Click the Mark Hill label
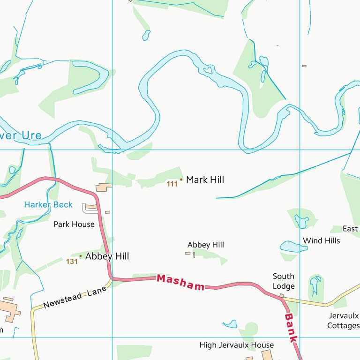[205, 180]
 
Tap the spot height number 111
[172, 184]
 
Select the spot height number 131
[72, 262]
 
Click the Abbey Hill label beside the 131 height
[107, 256]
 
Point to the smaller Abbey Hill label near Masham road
[206, 245]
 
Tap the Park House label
[74, 225]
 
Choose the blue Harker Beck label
[48, 205]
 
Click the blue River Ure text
[21, 136]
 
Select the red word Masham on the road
[180, 282]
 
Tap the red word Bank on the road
[291, 328]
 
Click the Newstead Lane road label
[75, 299]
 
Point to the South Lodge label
[284, 281]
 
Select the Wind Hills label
[322, 241]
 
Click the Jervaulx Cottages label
[343, 321]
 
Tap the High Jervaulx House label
[236, 345]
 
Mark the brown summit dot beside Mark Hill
[181, 180]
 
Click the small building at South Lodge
[282, 295]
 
